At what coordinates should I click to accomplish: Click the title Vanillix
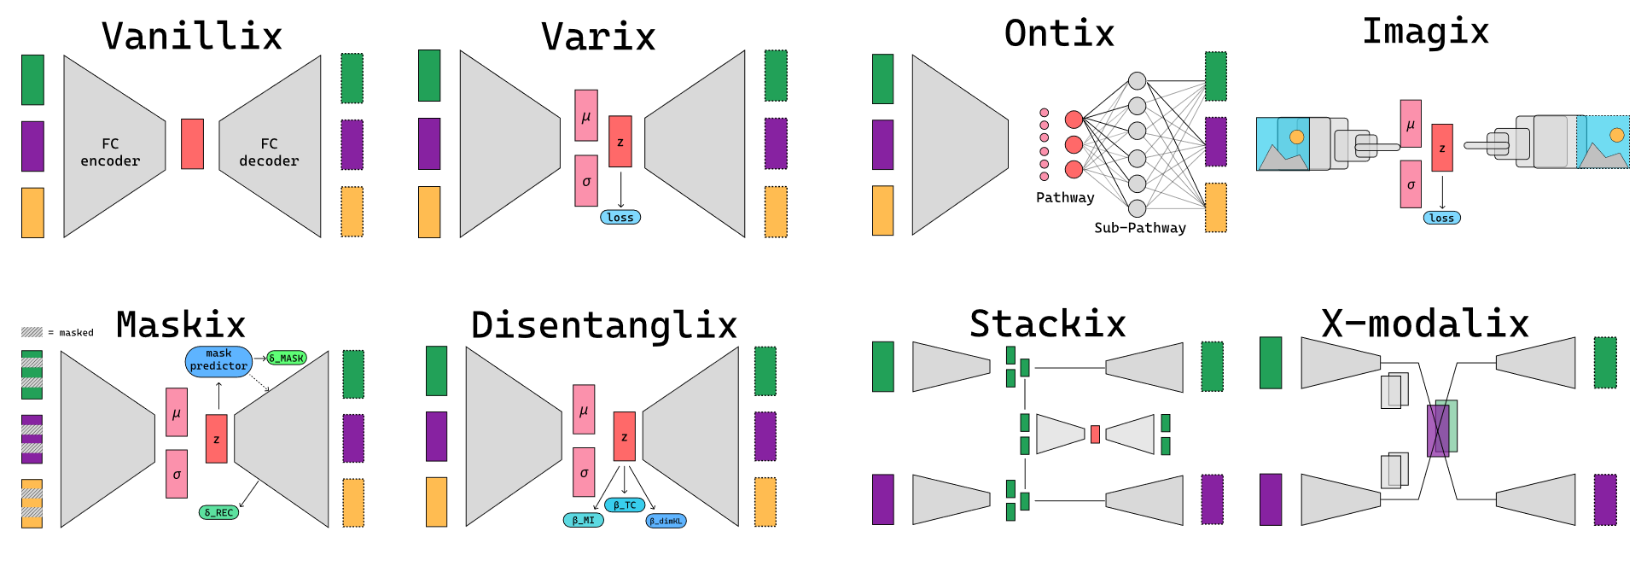click(x=192, y=37)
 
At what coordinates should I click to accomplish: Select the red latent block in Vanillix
click(x=192, y=143)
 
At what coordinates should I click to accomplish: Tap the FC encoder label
click(x=110, y=152)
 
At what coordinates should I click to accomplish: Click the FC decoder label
click(x=269, y=152)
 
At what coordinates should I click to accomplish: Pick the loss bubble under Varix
click(x=620, y=218)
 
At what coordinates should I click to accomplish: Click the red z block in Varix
click(x=620, y=142)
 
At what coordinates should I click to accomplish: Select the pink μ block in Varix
click(x=586, y=115)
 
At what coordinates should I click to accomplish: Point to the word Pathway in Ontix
click(x=1065, y=198)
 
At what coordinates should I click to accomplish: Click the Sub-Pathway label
click(x=1140, y=228)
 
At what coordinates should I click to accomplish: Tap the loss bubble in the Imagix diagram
click(x=1442, y=218)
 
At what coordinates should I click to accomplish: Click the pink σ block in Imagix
click(x=1411, y=184)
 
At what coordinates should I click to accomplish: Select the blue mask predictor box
click(x=218, y=360)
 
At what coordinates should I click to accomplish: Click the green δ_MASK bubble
click(x=287, y=358)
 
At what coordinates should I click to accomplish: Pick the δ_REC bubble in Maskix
click(x=218, y=512)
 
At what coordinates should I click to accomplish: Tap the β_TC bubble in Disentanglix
click(x=625, y=505)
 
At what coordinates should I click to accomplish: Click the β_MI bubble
click(x=584, y=520)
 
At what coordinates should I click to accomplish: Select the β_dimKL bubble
click(x=666, y=521)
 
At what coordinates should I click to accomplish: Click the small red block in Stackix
click(x=1095, y=435)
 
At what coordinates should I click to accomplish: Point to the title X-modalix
click(x=1425, y=324)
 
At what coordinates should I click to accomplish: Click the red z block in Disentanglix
click(x=625, y=437)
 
